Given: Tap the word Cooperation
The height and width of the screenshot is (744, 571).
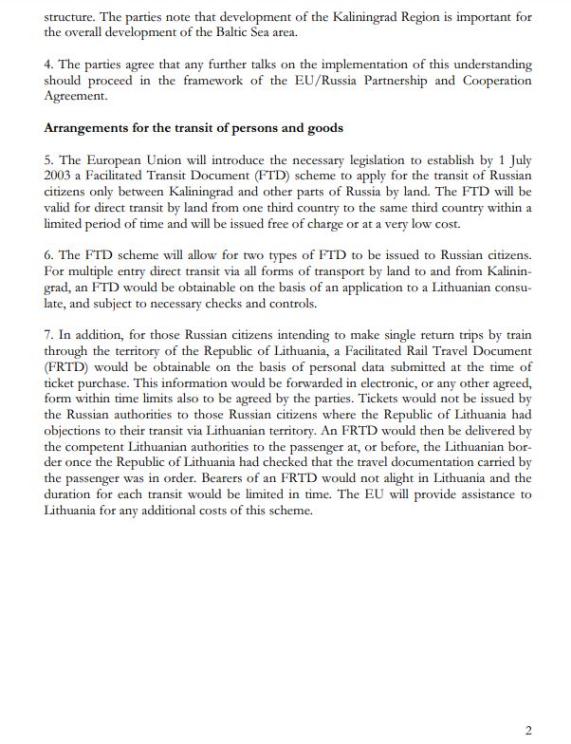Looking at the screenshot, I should [x=497, y=80].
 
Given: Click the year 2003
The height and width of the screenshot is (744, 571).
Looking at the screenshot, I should [x=59, y=176].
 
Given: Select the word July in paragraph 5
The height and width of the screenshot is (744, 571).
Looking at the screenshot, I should [x=519, y=159].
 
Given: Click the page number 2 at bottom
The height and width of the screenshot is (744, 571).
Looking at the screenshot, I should [x=528, y=730].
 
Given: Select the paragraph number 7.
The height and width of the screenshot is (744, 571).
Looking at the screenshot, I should [x=48, y=335].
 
